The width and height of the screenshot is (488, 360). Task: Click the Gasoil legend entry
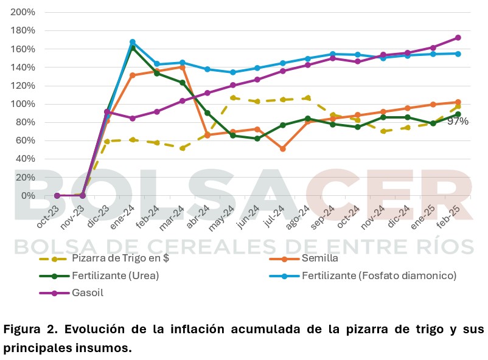point(71,292)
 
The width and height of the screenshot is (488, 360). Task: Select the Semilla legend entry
point(304,258)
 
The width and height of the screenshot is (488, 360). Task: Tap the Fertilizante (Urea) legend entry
point(99,275)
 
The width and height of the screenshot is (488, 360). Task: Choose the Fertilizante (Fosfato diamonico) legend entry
point(363,275)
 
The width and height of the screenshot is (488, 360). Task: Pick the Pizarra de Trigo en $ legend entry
point(104,258)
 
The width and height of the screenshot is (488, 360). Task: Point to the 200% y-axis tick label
point(23,12)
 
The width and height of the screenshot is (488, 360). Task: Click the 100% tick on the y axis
point(23,104)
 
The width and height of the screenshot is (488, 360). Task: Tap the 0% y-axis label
point(28,196)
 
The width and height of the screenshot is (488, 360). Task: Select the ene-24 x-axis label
point(123,217)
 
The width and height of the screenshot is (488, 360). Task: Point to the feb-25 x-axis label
point(448,217)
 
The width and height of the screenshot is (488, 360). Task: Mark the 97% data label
point(458,122)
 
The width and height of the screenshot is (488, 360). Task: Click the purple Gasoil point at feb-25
point(458,38)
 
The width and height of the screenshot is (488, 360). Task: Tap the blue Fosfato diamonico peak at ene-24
point(132,42)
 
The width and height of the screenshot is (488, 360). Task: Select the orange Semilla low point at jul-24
point(283,149)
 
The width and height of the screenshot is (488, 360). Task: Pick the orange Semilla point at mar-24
point(183,67)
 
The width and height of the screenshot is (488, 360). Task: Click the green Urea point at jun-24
point(257,139)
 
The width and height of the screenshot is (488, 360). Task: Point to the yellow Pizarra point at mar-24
point(183,148)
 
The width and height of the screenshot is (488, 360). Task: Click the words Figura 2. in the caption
point(30,329)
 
